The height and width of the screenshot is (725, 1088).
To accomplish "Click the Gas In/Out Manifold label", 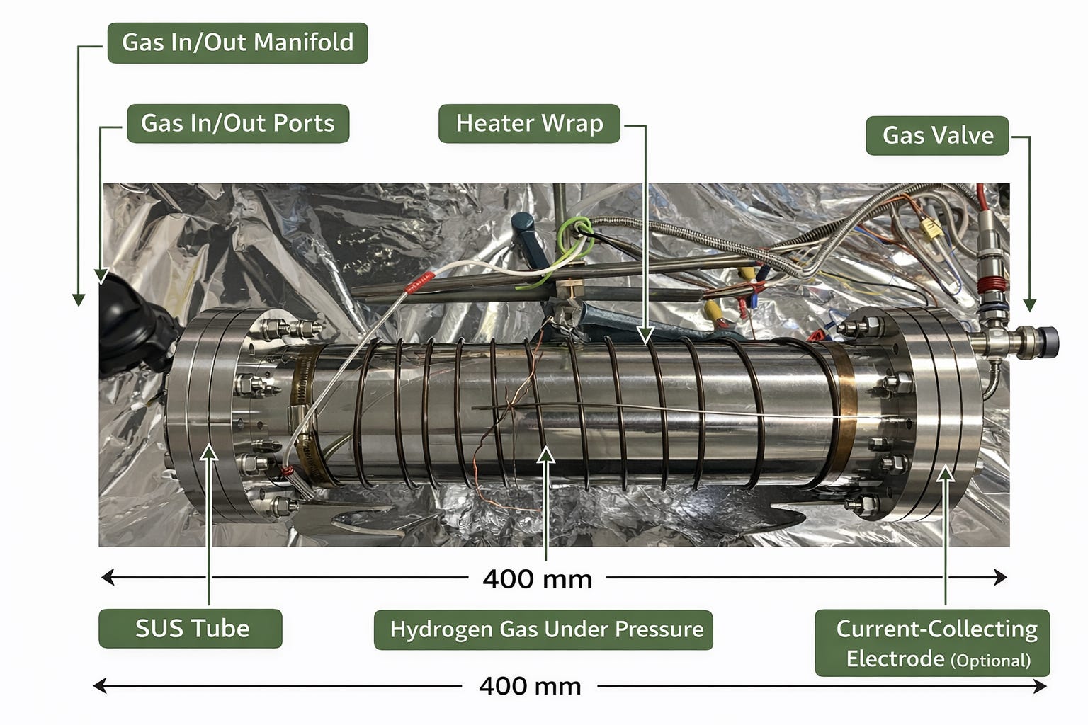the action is point(237,42).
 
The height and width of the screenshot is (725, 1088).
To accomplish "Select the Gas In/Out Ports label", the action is point(237,123).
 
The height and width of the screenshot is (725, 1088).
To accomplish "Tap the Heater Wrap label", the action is point(529,123).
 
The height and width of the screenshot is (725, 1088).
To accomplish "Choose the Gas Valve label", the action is point(937,135).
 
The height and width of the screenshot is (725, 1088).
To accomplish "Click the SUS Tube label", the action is point(191,628).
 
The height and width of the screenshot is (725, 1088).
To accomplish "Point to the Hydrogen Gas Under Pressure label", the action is point(543,629).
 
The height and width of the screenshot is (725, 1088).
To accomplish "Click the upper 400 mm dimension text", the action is point(537,579).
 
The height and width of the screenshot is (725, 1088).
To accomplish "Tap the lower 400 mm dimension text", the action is point(530,686).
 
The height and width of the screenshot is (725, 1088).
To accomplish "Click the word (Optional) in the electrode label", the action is point(990,661).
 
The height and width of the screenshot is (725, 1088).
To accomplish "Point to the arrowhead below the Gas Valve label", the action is point(1029,305).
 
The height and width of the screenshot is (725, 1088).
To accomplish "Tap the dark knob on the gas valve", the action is point(1047,341).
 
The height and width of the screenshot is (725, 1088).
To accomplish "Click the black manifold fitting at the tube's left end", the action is point(135,333).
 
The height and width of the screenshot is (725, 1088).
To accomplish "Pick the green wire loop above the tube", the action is point(575,229).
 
